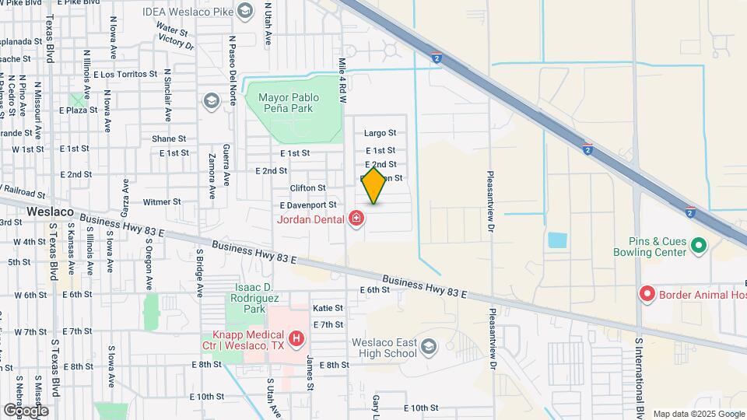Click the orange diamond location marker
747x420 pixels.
coord(374,185)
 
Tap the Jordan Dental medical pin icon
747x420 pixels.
coord(357,219)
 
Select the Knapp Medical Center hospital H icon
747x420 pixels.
coord(296,338)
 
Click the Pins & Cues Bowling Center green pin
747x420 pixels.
coord(698,246)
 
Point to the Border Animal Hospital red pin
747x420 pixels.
coord(646,294)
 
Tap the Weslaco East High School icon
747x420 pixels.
coord(428,345)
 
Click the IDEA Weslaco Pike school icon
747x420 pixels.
coord(246,10)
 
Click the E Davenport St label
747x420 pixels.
coord(309,205)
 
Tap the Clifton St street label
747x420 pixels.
coord(307,188)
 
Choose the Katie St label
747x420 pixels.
coord(328,308)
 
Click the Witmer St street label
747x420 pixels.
coord(162,201)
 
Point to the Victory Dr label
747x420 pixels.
coord(175,43)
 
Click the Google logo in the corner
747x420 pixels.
coord(25,410)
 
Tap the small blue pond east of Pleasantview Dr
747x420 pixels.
coord(557,240)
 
